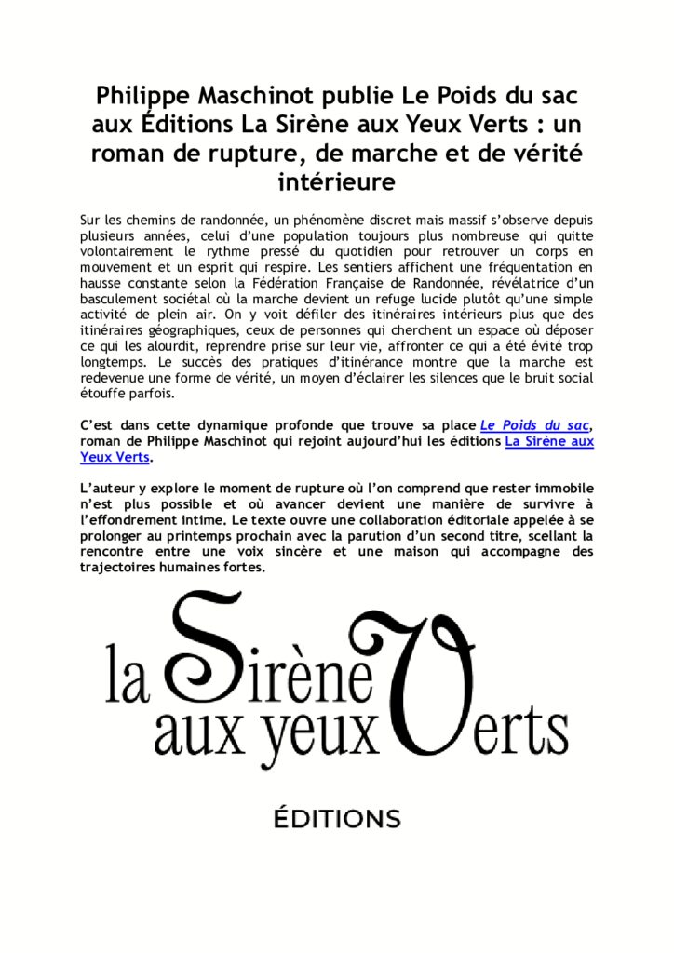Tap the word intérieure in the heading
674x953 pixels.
336,181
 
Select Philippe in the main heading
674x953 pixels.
142,96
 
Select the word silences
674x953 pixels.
438,377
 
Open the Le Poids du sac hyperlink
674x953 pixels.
534,425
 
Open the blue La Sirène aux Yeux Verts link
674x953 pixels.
548,441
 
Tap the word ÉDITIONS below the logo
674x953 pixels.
336,820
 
